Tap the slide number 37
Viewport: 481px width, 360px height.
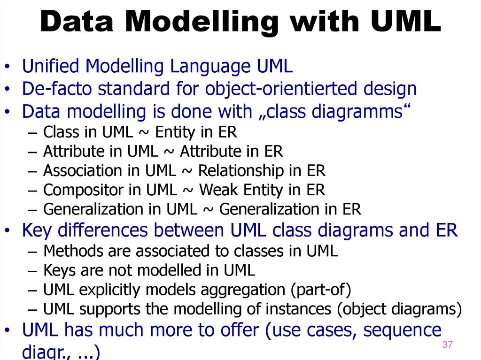(x=447, y=345)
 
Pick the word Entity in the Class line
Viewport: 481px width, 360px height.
(x=175, y=133)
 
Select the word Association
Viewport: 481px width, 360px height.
(x=76, y=171)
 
